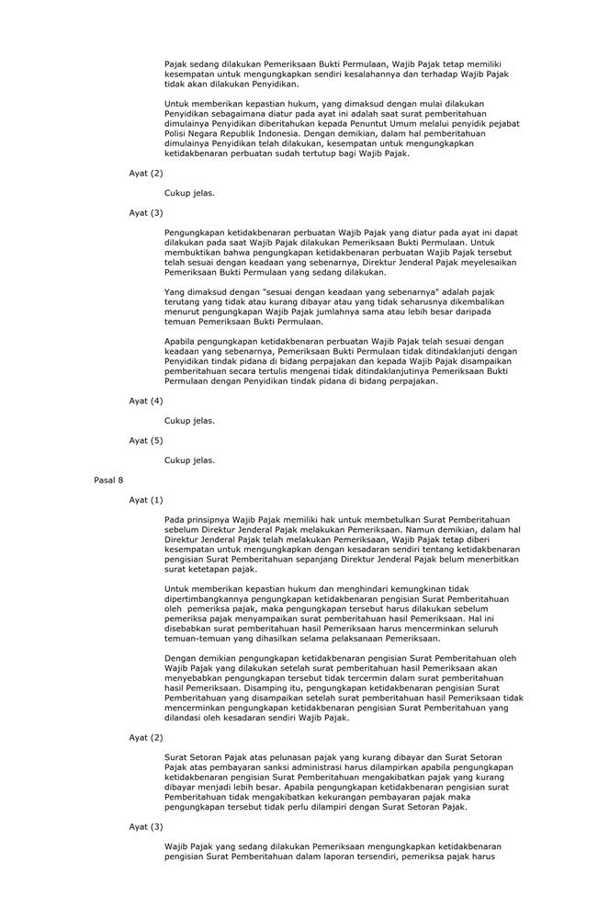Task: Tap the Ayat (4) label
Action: (145, 401)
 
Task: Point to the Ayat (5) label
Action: (145, 440)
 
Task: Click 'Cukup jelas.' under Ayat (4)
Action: (189, 420)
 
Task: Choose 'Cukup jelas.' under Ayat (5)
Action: (189, 459)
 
